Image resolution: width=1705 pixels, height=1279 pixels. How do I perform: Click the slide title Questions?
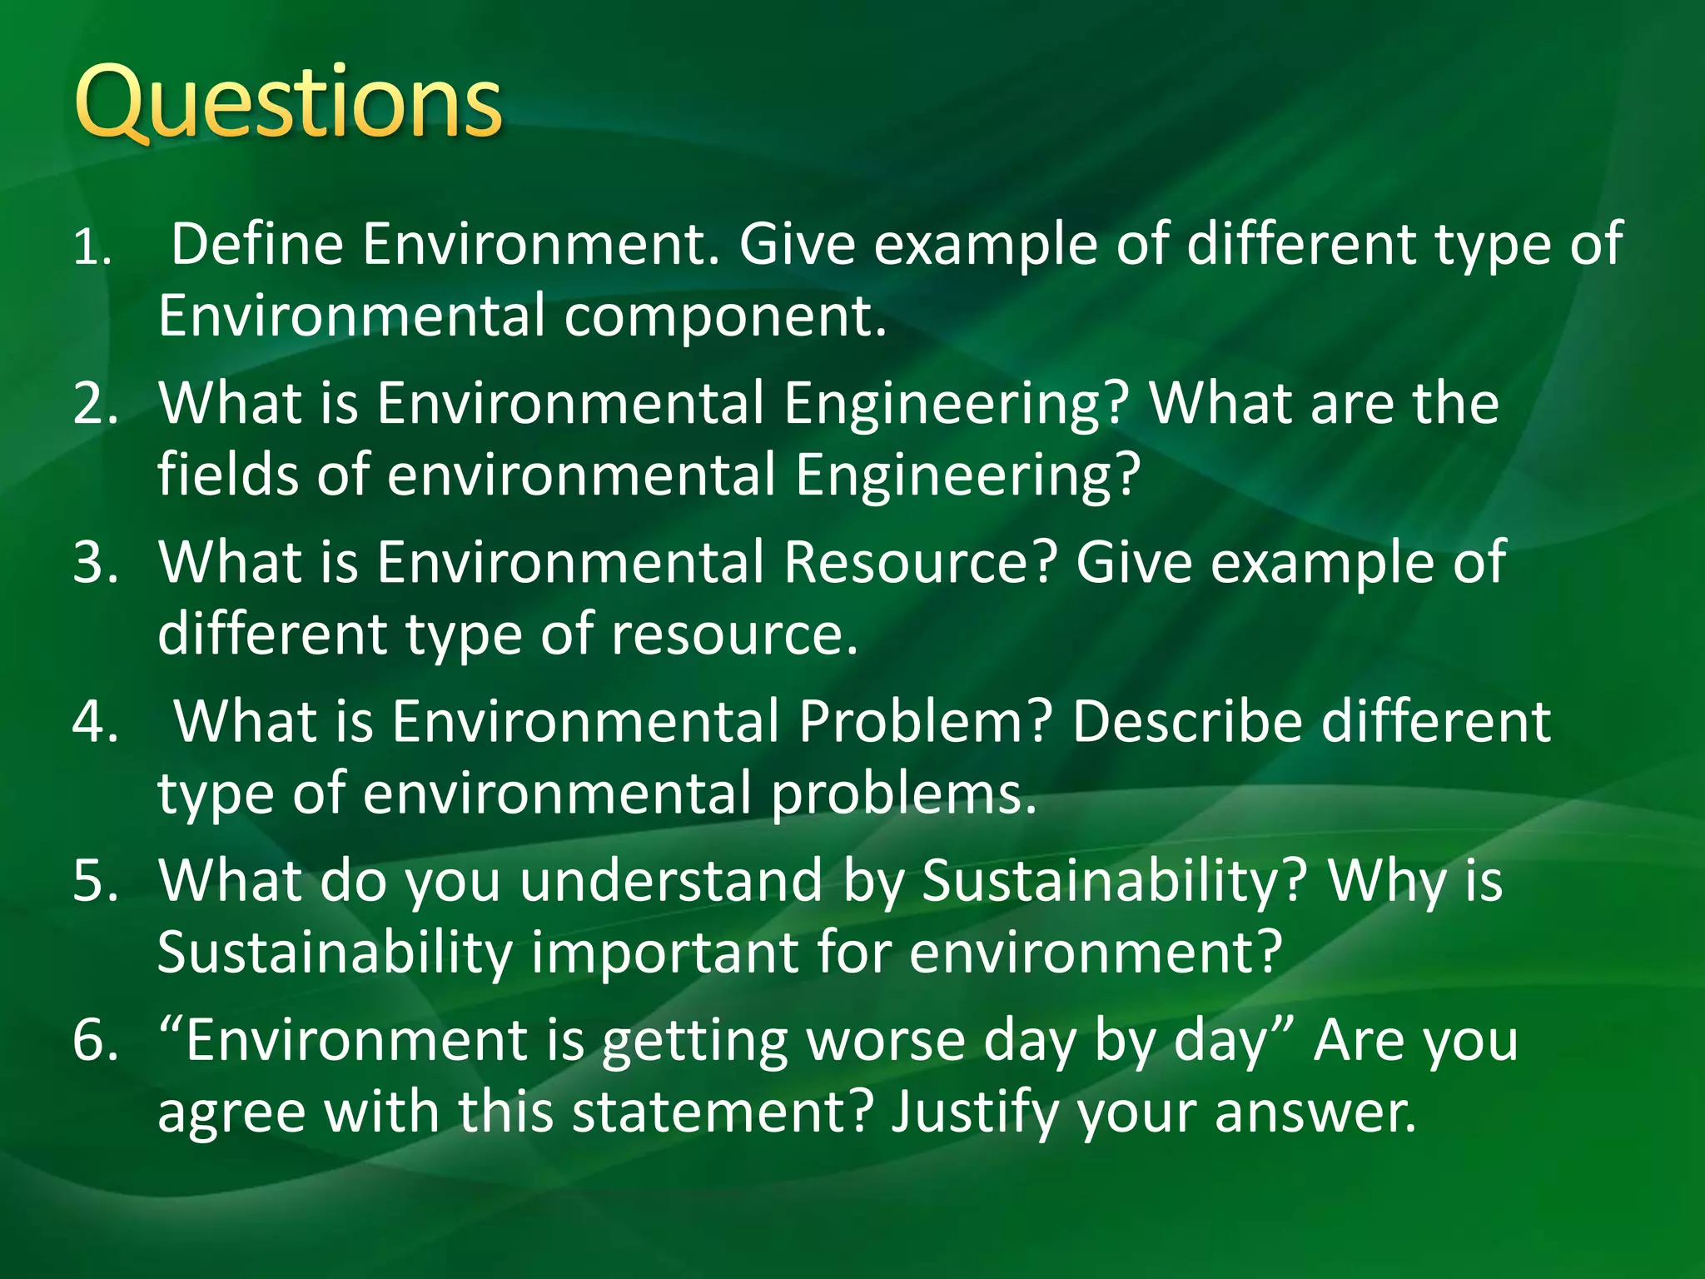[288, 104]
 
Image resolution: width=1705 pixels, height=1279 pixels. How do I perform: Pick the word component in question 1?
[724, 316]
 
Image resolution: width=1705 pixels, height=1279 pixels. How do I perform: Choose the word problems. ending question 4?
[904, 794]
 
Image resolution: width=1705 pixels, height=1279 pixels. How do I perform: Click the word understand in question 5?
[671, 880]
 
